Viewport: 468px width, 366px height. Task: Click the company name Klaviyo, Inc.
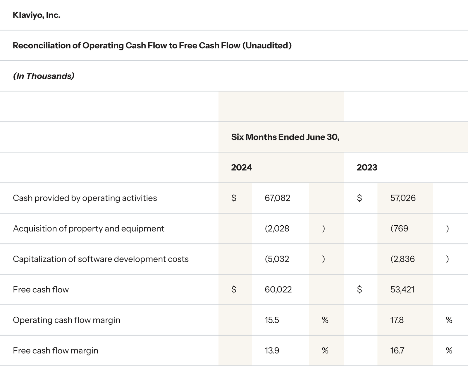[x=37, y=15]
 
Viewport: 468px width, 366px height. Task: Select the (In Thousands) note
[x=44, y=76]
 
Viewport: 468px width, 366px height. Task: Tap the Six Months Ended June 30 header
[x=285, y=137]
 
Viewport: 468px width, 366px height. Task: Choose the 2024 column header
[x=241, y=168]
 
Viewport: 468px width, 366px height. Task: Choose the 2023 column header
[x=367, y=168]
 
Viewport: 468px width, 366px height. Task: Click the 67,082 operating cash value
[x=277, y=198]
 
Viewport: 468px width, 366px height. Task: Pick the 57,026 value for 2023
[x=403, y=198]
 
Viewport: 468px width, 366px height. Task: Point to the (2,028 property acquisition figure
[x=277, y=229]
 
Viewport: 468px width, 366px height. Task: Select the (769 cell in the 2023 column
[x=399, y=229]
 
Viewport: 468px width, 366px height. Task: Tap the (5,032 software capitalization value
[x=277, y=259]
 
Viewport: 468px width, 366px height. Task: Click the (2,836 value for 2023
[x=402, y=259]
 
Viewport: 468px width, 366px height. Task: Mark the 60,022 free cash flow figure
[x=278, y=290]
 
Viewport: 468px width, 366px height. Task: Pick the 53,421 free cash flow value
[x=402, y=290]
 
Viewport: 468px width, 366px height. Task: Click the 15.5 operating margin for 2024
[x=272, y=320]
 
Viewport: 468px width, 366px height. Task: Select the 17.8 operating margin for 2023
[x=397, y=320]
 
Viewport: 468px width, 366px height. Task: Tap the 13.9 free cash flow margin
[x=272, y=350]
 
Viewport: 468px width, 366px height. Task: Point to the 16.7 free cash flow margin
[x=397, y=350]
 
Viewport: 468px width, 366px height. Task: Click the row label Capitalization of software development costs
[x=101, y=259]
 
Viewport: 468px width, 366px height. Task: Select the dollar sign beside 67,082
[x=234, y=198]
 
